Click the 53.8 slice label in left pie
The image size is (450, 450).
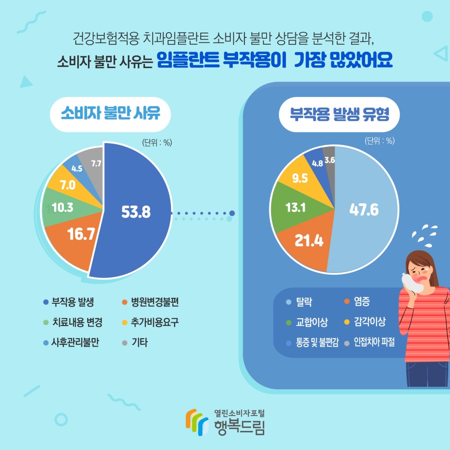(136, 212)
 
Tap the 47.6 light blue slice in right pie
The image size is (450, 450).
(364, 210)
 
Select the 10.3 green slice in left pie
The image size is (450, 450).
(62, 208)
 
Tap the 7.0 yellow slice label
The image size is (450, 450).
(68, 185)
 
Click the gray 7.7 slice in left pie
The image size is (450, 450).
(95, 163)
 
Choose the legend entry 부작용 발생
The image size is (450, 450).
(73, 302)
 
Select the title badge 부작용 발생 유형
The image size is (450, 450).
(339, 114)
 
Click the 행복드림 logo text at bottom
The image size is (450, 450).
(239, 426)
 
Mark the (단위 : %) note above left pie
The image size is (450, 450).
(157, 143)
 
